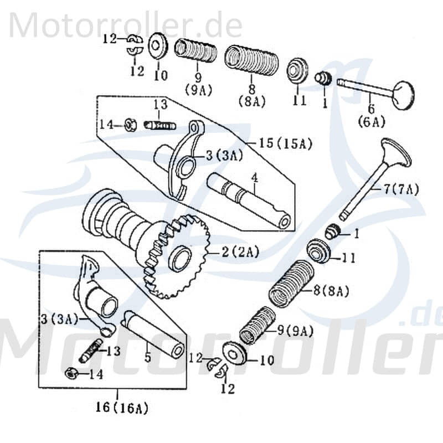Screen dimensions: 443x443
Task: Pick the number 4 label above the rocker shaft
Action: point(254,179)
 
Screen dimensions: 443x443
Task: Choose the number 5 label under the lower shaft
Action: point(147,358)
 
